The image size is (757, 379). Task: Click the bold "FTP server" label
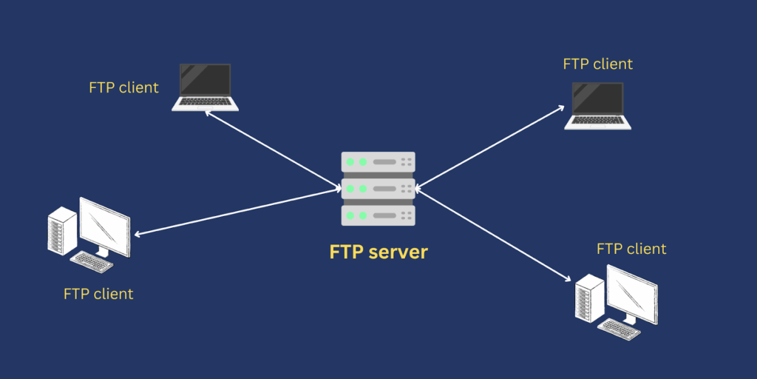(x=378, y=252)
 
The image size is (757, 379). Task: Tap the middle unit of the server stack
(x=378, y=188)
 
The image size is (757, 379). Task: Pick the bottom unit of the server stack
(x=378, y=215)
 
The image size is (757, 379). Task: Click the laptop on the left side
(x=205, y=87)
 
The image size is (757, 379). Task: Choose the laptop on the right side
(x=598, y=106)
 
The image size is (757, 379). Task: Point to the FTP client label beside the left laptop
(x=123, y=87)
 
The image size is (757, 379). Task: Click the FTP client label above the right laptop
(x=598, y=64)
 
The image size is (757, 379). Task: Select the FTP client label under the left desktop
(x=98, y=294)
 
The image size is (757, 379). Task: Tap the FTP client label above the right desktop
(x=631, y=249)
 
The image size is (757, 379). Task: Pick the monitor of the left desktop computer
(x=104, y=226)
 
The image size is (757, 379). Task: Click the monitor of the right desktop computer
(x=632, y=293)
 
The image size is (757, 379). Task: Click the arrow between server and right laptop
(x=491, y=146)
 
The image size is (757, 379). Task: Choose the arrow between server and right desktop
(x=494, y=234)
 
